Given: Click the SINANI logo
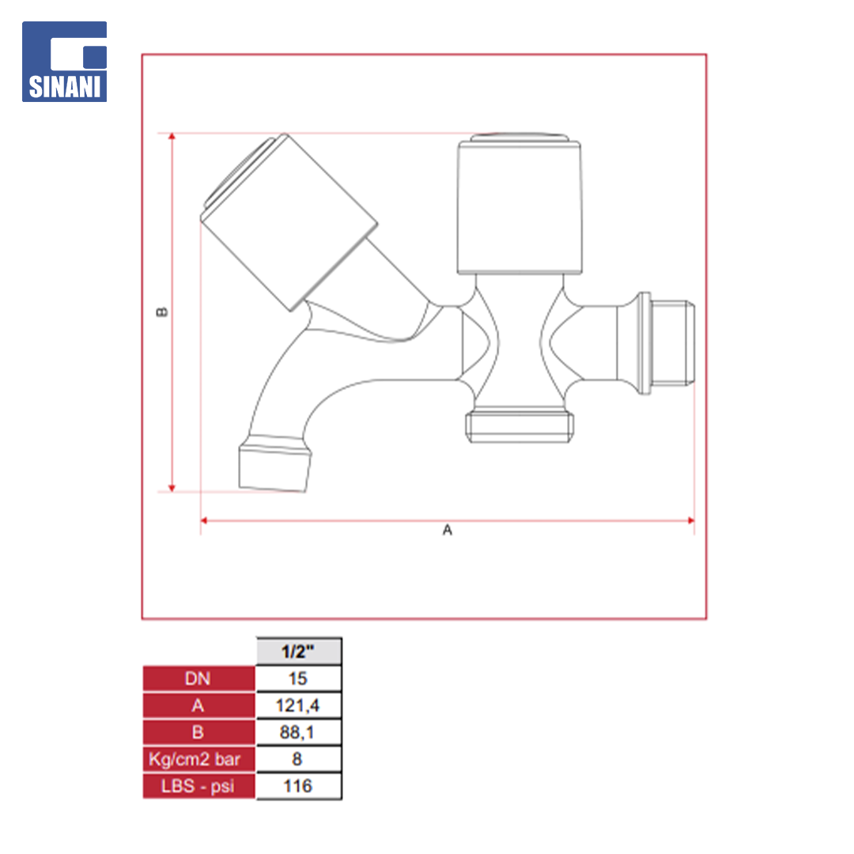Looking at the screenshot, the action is tap(64, 62).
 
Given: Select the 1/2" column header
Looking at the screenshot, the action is tap(298, 651).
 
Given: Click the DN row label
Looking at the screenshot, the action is tap(198, 678).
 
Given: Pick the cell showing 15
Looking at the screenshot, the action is tap(298, 678).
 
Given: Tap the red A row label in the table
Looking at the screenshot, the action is tap(198, 705).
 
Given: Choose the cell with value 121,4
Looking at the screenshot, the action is tap(298, 705).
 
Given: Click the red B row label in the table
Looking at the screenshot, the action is tap(198, 732).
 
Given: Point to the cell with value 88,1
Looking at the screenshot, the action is tap(298, 732).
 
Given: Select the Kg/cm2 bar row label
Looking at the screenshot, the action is tap(198, 758).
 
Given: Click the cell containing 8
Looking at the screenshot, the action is tap(298, 758).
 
